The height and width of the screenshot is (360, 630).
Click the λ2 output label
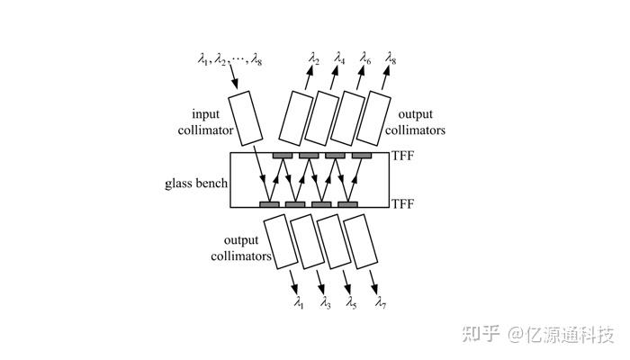313,58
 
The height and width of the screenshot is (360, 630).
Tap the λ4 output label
339,58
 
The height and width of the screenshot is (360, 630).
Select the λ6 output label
365,58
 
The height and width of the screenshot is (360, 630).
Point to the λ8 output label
391,58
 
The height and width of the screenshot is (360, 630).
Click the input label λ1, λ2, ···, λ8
229,59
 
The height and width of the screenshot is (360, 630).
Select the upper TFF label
403,157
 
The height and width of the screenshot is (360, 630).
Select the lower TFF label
403,205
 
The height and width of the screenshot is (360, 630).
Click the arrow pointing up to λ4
336,79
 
